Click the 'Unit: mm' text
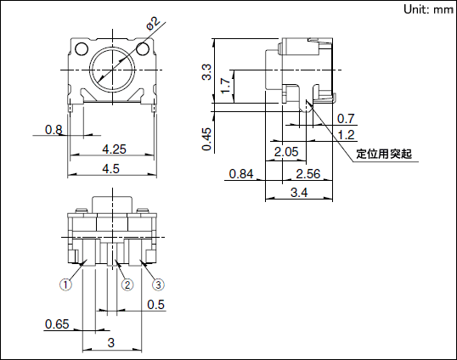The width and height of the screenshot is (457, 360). (428, 9)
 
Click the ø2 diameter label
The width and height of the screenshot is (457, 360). (152, 25)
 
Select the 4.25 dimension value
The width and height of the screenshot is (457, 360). (114, 149)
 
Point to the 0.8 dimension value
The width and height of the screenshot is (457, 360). (54, 130)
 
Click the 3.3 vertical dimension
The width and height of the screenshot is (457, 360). (206, 71)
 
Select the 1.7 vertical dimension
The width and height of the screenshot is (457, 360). (224, 85)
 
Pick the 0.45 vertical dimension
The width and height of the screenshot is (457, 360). (206, 138)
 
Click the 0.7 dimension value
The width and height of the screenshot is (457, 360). (346, 118)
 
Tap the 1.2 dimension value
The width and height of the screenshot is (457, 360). (346, 134)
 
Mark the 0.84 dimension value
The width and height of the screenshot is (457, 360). (241, 174)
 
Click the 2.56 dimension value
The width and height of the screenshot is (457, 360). (307, 174)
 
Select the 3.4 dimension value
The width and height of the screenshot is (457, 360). (299, 194)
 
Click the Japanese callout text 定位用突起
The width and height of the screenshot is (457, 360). (383, 154)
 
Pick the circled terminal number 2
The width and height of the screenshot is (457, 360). (127, 285)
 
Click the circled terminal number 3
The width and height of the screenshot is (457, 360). (157, 285)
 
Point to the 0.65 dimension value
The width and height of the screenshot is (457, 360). (57, 324)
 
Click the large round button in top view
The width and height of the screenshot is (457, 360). (110, 65)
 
